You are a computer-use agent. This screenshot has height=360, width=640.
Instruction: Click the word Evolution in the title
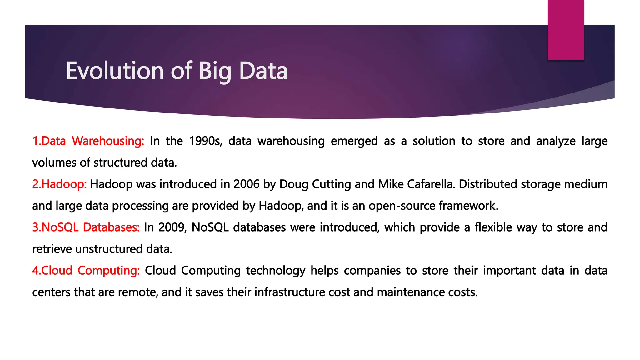coord(115,71)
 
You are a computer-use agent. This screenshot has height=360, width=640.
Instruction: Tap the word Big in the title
coord(215,72)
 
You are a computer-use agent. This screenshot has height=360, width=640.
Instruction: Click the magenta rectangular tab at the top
coord(566,30)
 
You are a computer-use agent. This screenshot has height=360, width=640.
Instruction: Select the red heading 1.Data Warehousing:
coord(88,141)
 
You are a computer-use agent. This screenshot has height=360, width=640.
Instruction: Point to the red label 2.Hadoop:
coord(59,184)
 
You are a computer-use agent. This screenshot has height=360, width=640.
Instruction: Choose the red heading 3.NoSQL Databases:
coord(86,227)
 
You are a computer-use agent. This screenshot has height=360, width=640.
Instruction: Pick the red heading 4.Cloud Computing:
coord(86,270)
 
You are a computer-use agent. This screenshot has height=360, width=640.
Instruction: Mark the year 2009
coord(172,227)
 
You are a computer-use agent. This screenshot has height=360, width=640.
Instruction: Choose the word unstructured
coord(109,249)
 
